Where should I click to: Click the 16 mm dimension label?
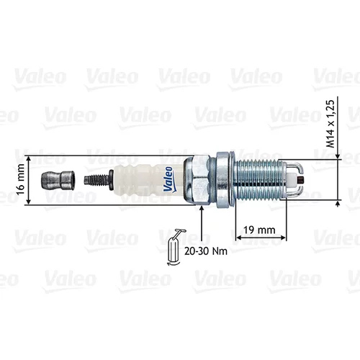21,180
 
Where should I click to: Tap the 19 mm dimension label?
259,230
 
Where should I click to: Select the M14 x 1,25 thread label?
330,124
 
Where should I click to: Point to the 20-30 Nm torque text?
206,251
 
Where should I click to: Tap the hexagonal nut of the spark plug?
197,180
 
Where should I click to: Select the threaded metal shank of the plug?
261,180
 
